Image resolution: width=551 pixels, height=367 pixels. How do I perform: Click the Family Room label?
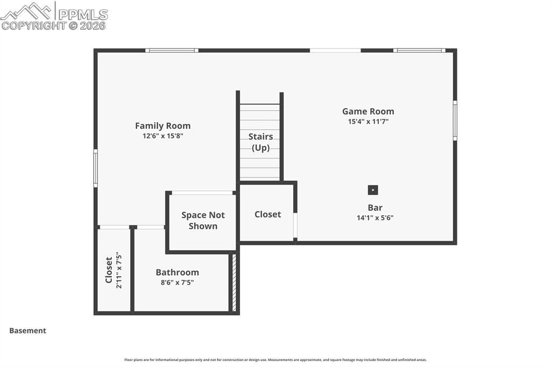pyautogui.click(x=163, y=126)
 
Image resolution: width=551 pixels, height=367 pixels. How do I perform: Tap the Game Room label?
pyautogui.click(x=368, y=111)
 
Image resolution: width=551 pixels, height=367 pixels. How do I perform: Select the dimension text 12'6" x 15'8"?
pyautogui.click(x=163, y=136)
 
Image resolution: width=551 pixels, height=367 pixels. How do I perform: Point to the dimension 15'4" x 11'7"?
pyautogui.click(x=368, y=122)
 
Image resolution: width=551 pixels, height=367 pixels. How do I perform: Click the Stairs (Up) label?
pyautogui.click(x=260, y=142)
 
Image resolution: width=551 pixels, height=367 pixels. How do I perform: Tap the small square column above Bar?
pyautogui.click(x=372, y=190)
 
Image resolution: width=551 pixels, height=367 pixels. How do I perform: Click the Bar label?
pyautogui.click(x=375, y=208)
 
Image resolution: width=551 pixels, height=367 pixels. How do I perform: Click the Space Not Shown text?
pyautogui.click(x=203, y=221)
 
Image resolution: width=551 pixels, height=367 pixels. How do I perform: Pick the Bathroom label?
pyautogui.click(x=177, y=272)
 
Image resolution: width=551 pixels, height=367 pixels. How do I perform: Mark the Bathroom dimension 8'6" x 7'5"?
pyautogui.click(x=177, y=282)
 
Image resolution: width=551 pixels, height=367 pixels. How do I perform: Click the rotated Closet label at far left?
pyautogui.click(x=109, y=270)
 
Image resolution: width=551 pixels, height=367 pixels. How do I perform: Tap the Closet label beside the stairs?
pyautogui.click(x=267, y=214)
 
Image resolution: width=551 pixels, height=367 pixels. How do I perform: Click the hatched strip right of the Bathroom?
pyautogui.click(x=234, y=283)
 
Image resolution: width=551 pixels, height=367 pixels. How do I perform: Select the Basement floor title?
pyautogui.click(x=27, y=331)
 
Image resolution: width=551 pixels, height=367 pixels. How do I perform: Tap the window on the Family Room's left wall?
pyautogui.click(x=96, y=168)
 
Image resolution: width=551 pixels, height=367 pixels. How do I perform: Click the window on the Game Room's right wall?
pyautogui.click(x=455, y=121)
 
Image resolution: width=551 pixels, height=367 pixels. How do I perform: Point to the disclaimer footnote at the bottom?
pyautogui.click(x=275, y=360)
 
